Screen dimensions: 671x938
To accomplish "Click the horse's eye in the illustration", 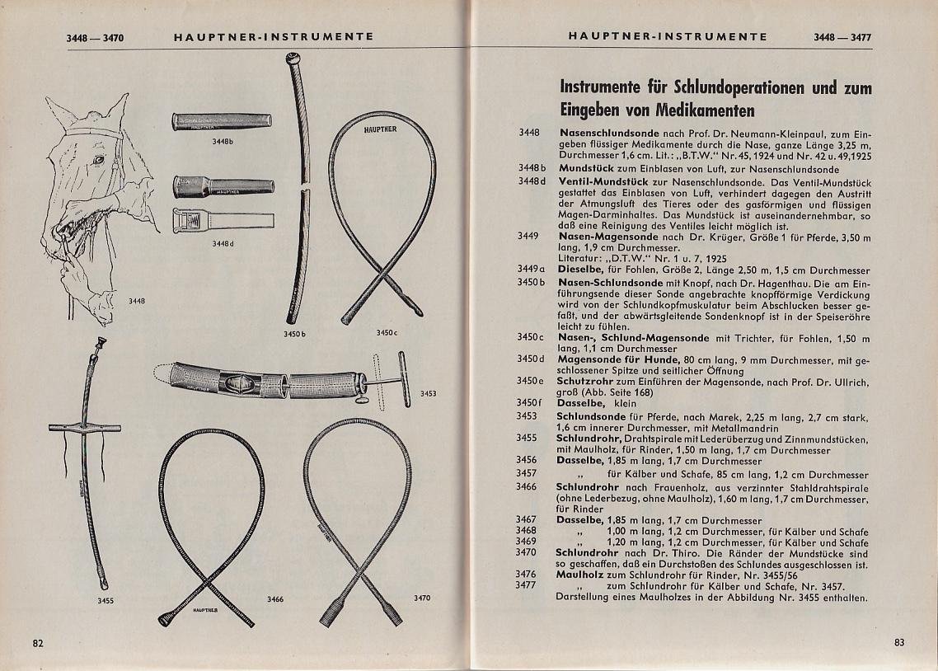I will coord(100,159).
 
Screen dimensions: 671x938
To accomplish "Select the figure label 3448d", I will coord(223,243).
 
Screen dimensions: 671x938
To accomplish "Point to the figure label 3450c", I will coord(387,332).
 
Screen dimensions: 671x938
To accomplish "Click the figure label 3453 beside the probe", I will coord(429,393).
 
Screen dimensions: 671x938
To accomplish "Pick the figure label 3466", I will coord(275,598).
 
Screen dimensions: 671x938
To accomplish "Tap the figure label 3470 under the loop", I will coord(421,598).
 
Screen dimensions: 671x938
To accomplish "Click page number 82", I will coord(38,643).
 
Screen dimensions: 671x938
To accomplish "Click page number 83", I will coord(898,643).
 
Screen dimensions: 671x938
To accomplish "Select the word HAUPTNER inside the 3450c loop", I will coord(379,129).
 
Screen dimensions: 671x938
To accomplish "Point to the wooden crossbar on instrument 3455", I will coord(84,428).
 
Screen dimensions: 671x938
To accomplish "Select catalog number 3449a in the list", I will coord(532,269).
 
